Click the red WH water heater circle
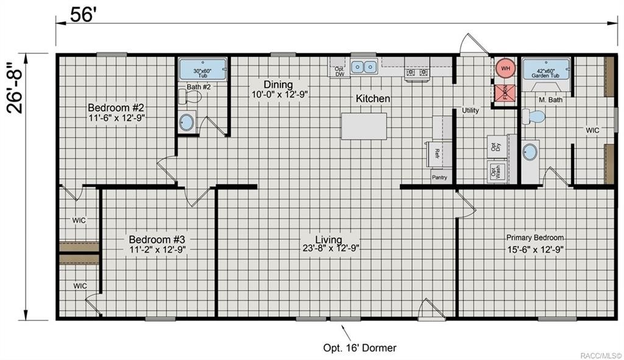pyautogui.click(x=505, y=68)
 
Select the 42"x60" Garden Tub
pyautogui.click(x=545, y=69)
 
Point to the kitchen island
pyautogui.click(x=364, y=126)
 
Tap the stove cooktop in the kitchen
pyautogui.click(x=417, y=72)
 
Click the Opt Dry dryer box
pyautogui.click(x=495, y=146)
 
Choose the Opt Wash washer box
pyautogui.click(x=495, y=172)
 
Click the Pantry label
pyautogui.click(x=439, y=178)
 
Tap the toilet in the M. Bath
pyautogui.click(x=535, y=116)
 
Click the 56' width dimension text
pyautogui.click(x=83, y=15)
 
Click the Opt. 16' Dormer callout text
pyautogui.click(x=360, y=348)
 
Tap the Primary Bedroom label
pyautogui.click(x=535, y=238)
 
